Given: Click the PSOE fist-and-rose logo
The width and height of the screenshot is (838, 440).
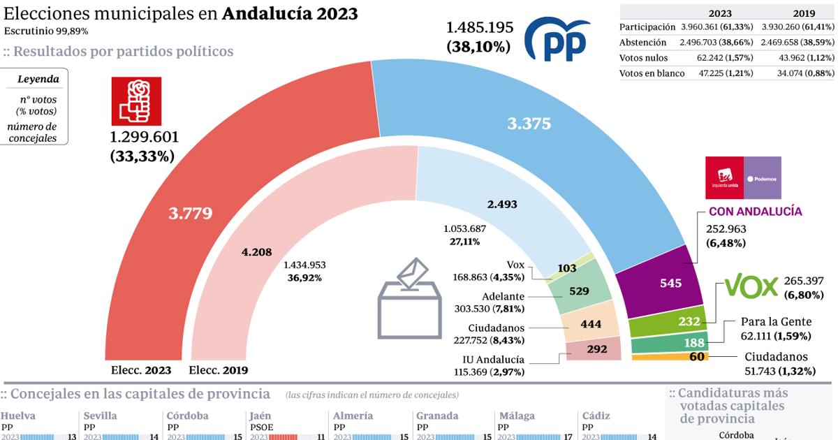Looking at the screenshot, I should coord(136,102).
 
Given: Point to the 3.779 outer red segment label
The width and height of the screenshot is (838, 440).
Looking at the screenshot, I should coord(190,214).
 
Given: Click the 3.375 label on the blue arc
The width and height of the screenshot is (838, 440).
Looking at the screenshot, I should coord(529,124).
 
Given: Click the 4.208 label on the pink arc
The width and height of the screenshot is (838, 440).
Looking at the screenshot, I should coord(256,252).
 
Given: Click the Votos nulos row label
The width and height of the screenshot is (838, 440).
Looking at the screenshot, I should coord(643,58).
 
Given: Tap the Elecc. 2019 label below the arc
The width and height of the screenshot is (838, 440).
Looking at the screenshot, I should coord(219,370).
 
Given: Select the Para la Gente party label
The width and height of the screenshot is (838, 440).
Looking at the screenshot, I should coord(777,322).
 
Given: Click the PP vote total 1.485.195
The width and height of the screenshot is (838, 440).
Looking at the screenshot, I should coord(480,28).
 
